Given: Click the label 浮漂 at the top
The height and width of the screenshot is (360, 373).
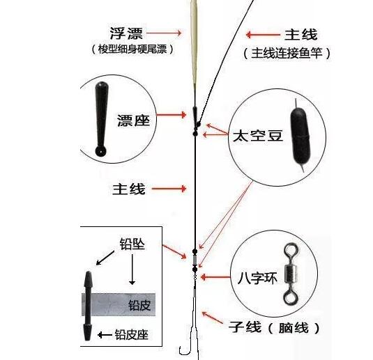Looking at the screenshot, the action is click(126, 33).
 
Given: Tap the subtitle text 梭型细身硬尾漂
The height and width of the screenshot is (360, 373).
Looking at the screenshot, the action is click(132, 49).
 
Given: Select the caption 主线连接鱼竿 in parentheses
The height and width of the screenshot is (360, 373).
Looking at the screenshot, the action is click(287, 53).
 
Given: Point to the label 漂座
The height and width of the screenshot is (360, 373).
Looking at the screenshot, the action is click(134, 120).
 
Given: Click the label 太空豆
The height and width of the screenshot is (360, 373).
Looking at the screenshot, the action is click(258, 136).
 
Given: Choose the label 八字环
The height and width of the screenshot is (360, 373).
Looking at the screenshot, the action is click(258, 278).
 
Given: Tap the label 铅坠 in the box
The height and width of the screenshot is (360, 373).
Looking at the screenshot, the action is click(132, 244).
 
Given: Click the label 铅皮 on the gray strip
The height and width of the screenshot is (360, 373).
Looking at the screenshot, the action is click(139, 306).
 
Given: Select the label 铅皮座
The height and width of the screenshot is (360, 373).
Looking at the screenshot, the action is click(132, 335).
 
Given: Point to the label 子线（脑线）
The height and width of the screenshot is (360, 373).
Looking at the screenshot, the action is click(274, 327).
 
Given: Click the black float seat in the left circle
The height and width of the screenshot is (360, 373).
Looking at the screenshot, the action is click(101, 119).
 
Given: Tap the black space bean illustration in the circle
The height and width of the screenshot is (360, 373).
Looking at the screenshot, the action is click(300, 137).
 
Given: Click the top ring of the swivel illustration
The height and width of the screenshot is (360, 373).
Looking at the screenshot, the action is click(291, 251).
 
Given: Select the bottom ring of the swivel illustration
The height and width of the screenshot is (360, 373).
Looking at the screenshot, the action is click(291, 297).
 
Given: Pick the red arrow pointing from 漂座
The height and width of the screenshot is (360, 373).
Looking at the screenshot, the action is click(172, 115).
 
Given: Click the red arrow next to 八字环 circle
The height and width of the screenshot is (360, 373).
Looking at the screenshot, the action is click(215, 277).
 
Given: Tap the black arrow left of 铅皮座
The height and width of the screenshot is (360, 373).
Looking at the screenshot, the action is click(105, 335).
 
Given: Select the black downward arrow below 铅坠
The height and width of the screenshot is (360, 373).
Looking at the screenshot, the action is click(132, 269).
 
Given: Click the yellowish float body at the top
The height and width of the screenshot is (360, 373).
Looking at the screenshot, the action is click(195, 42).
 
